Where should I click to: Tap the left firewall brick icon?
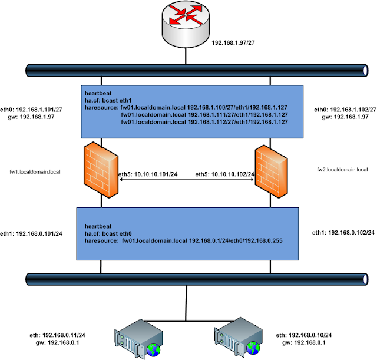(102, 171)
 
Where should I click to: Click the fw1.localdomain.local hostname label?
(36, 171)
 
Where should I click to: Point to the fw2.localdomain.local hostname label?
(342, 169)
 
